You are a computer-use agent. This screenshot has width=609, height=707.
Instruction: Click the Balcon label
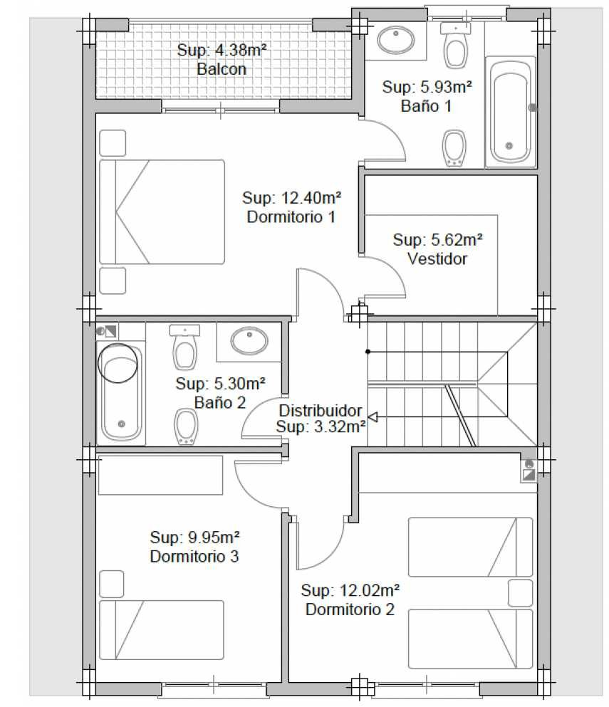222,69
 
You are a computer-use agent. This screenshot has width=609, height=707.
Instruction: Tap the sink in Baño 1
396,40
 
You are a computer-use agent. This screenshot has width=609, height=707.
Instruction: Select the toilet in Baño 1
456,45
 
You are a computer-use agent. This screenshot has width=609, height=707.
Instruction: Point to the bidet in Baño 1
454,148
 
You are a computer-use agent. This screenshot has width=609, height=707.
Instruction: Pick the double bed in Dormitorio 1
162,211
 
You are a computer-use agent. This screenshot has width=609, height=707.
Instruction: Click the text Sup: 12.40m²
291,197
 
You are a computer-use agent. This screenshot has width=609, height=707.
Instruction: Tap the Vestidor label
437,259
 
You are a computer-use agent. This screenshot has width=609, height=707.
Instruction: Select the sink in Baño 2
249,340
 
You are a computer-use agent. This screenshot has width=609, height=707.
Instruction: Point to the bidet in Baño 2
187,426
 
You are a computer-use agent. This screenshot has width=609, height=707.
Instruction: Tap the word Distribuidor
321,410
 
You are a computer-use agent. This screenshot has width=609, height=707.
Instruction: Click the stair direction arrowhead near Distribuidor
373,417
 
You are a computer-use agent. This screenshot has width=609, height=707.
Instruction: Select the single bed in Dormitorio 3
162,630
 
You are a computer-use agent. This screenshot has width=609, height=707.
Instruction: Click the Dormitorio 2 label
350,609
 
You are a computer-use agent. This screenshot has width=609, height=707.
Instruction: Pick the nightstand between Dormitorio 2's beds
520,593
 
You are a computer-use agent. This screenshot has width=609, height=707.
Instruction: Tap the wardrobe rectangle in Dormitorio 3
160,475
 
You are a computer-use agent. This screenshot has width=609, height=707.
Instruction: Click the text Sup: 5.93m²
427,87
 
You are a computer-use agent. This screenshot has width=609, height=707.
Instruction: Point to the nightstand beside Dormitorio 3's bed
111,584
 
